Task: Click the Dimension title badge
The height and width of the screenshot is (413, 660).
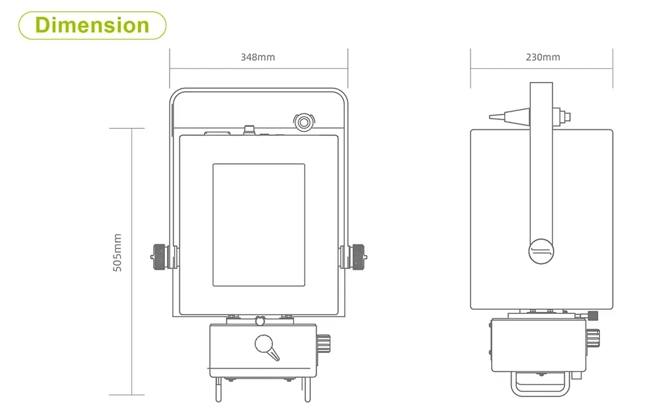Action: (x=92, y=25)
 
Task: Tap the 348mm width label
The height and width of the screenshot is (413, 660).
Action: (x=257, y=57)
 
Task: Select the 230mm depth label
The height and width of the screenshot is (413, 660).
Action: (x=543, y=57)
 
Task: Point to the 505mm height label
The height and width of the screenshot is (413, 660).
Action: (x=117, y=252)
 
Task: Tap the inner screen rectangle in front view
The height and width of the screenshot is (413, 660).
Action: (x=259, y=225)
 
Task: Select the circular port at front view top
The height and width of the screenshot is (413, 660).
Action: (x=304, y=122)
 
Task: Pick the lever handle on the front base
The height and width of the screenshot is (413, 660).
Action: (x=267, y=347)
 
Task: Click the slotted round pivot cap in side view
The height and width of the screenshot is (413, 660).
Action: (x=542, y=251)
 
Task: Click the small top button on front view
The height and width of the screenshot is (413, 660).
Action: (x=249, y=128)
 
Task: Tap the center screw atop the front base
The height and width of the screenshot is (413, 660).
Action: (x=259, y=321)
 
